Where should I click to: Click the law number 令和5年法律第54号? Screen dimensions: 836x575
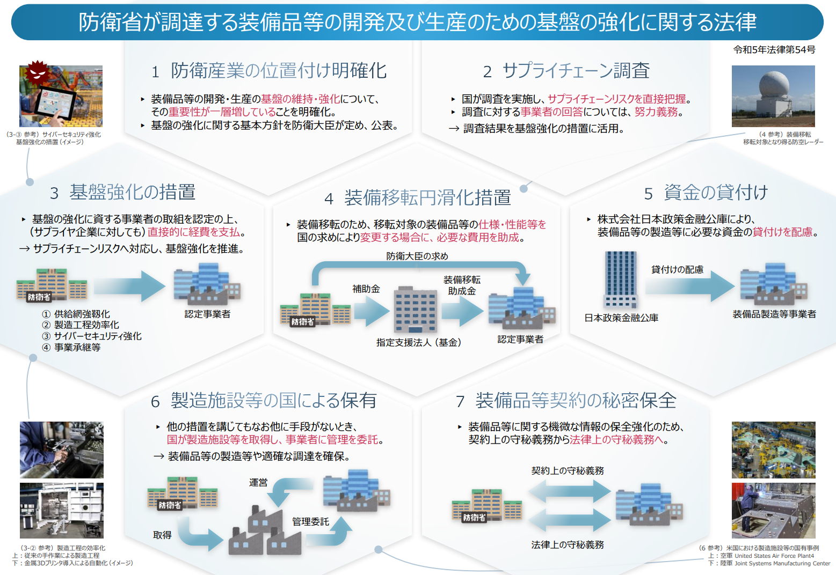(774, 49)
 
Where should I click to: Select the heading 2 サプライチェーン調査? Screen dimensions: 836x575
(566, 70)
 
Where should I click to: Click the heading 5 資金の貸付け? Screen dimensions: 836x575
(706, 193)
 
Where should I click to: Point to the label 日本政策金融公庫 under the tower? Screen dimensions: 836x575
(621, 318)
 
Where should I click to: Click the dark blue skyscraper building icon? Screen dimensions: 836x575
(620, 279)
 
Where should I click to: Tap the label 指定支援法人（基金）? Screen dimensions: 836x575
(419, 342)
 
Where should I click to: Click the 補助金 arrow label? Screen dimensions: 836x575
(366, 289)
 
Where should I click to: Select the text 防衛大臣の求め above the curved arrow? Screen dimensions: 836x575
(417, 256)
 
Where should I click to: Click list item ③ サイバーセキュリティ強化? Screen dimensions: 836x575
(91, 336)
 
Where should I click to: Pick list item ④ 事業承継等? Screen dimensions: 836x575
(71, 347)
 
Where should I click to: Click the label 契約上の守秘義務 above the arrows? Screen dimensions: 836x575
(568, 470)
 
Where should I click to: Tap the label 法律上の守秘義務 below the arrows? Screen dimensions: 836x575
(568, 545)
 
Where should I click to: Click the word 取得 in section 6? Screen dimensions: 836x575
(162, 535)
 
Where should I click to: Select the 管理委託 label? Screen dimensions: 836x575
(310, 521)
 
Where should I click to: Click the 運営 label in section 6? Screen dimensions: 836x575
(258, 483)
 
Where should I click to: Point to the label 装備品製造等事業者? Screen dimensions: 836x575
(774, 314)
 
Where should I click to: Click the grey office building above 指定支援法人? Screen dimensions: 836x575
(416, 309)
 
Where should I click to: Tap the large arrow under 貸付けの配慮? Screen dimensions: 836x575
(690, 286)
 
